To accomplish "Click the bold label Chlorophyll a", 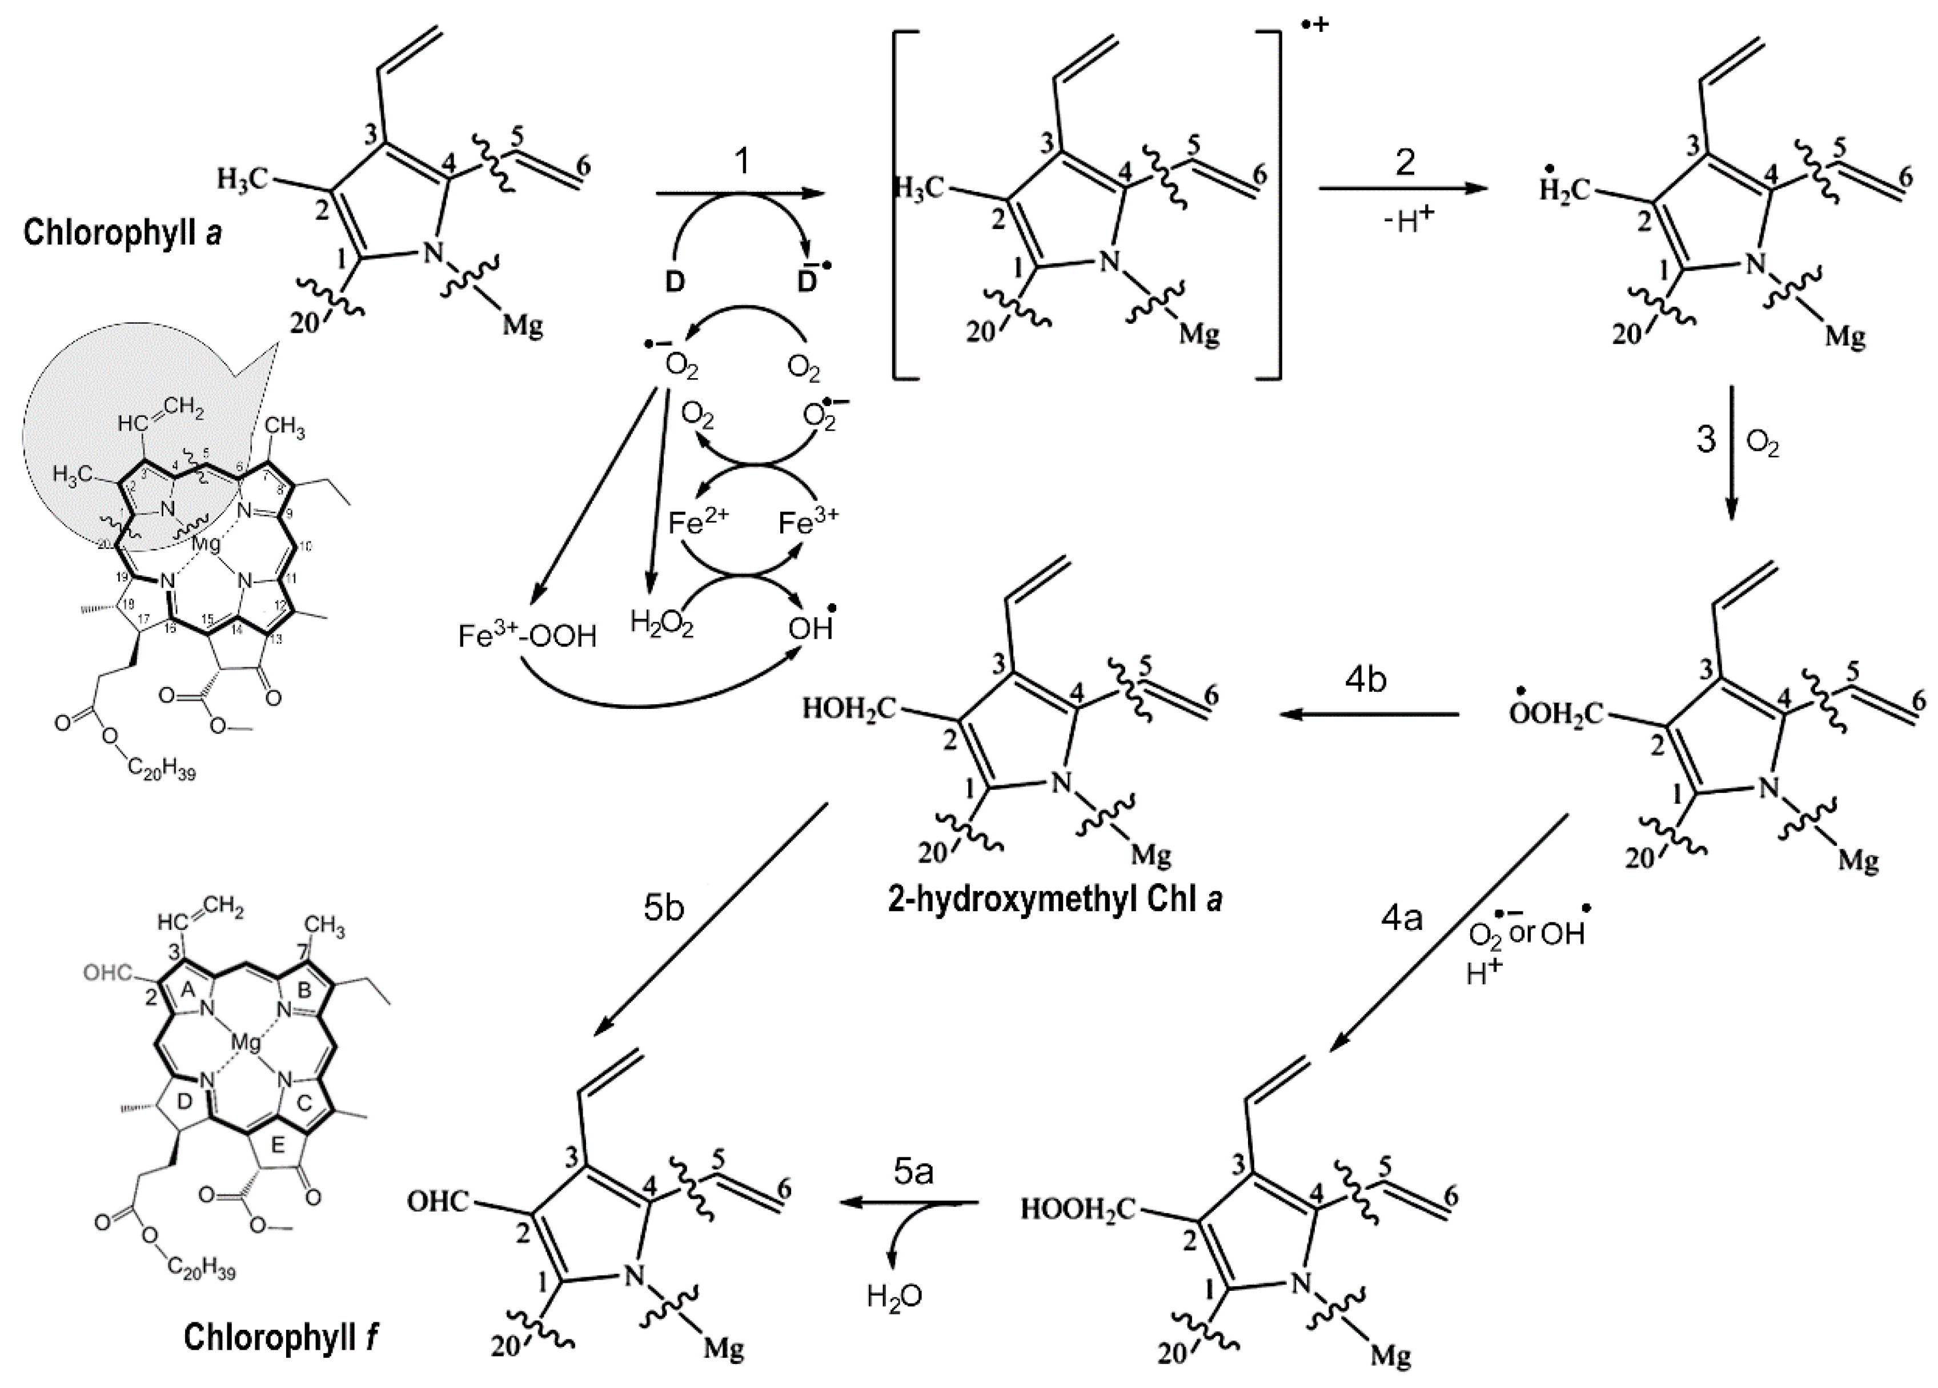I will click(x=123, y=233).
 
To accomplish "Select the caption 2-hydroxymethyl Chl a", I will click(x=1054, y=900).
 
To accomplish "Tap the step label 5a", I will click(x=913, y=1173).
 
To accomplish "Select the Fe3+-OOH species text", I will click(x=527, y=637).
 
